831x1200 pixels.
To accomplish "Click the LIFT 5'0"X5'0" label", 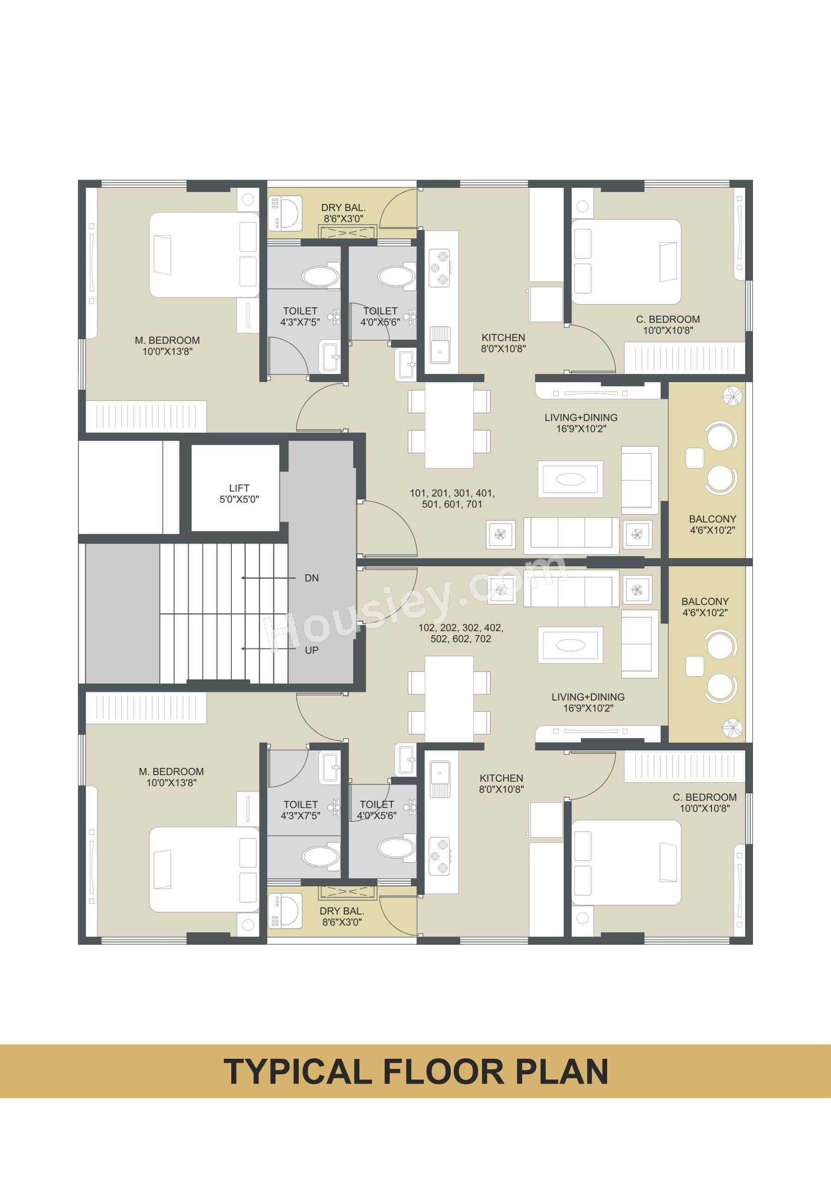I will tap(239, 494).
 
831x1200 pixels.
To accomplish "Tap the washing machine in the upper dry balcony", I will tap(284, 213).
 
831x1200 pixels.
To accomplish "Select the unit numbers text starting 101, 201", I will tap(452, 498).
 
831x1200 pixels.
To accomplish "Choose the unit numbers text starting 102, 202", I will tap(460, 633).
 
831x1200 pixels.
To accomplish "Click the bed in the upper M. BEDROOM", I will tap(204, 255).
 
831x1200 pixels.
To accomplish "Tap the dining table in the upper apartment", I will tap(449, 425).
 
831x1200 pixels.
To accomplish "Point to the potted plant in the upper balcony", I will tap(732, 396).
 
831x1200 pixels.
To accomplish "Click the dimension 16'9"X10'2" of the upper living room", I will tap(581, 429).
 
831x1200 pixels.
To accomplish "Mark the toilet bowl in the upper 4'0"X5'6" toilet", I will tap(396, 276).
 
